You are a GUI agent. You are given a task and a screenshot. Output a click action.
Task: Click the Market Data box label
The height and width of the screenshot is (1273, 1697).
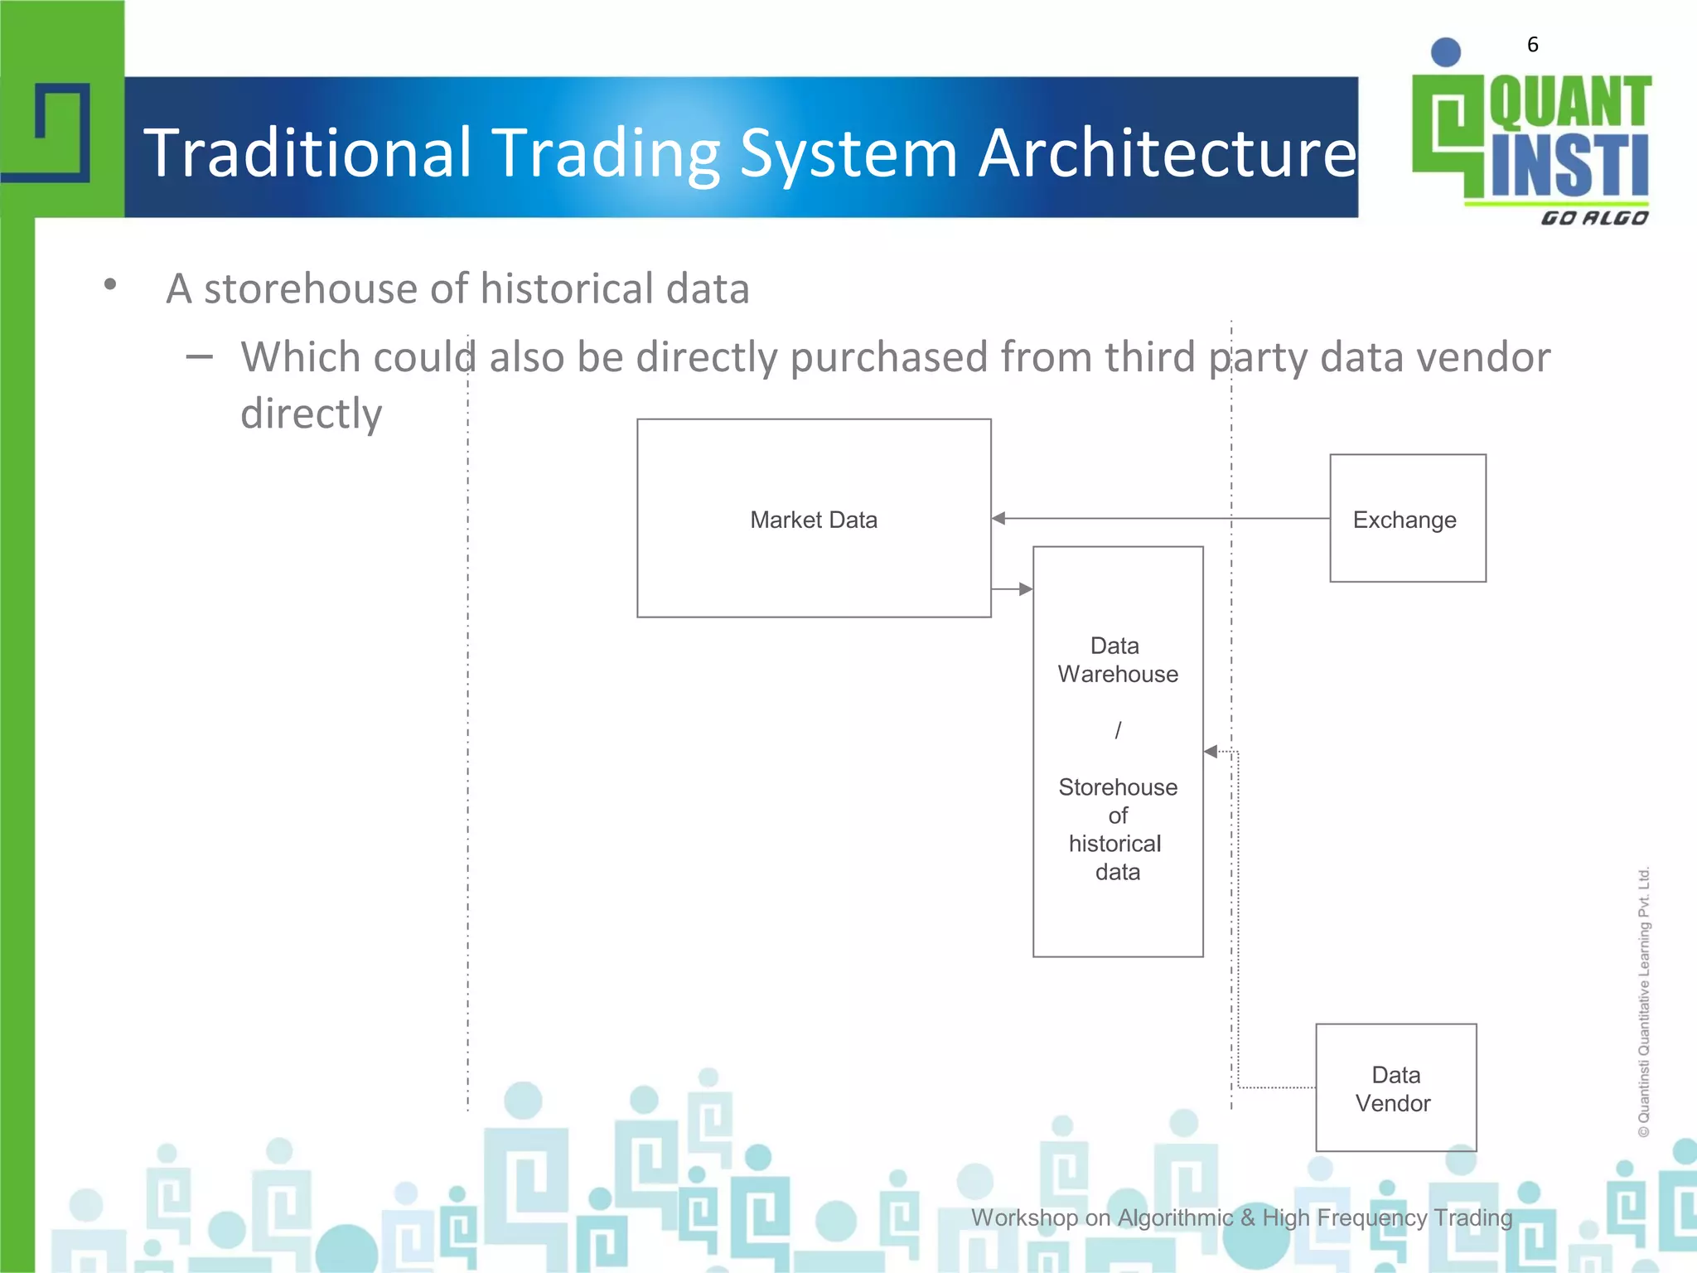tap(813, 520)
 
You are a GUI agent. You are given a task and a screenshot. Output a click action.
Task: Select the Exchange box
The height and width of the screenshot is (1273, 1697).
tap(1407, 519)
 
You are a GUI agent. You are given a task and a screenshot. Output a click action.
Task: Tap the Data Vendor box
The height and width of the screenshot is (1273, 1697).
tap(1395, 1087)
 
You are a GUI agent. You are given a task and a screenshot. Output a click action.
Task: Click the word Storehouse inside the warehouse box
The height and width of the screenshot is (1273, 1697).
tap(1117, 787)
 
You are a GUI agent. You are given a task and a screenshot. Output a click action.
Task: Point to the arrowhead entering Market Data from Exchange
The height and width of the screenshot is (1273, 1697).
tap(999, 519)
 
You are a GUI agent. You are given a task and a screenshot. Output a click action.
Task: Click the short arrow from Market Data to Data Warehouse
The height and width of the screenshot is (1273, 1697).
tap(1012, 589)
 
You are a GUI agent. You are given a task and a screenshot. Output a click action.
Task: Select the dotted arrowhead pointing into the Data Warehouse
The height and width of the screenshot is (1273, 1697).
tap(1211, 752)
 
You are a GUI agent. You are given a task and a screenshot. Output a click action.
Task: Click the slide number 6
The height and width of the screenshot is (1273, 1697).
tap(1532, 45)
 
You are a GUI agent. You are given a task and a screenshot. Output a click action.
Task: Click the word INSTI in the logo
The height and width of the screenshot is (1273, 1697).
tap(1569, 167)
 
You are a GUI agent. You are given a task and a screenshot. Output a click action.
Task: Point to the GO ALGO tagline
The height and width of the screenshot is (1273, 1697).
tap(1593, 218)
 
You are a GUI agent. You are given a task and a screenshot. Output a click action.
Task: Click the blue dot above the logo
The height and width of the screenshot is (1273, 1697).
tap(1445, 52)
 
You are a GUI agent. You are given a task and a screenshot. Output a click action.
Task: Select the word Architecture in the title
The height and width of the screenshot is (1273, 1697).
tap(1167, 153)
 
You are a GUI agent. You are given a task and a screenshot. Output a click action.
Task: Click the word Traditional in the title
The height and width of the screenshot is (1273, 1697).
tap(308, 153)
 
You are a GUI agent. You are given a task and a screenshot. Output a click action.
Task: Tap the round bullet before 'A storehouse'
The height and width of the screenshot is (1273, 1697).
tap(110, 286)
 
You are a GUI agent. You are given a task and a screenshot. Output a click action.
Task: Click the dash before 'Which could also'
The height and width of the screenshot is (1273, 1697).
tap(199, 357)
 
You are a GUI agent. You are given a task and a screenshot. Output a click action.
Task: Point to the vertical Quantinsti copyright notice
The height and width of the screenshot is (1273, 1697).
tap(1644, 1001)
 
